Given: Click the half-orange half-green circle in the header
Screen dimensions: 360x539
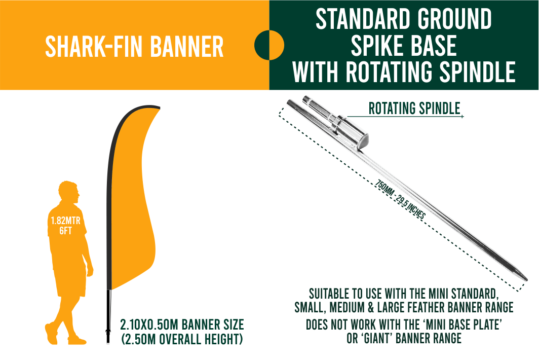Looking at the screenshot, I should [x=269, y=45].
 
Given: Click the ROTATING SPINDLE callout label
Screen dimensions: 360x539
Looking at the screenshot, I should [x=414, y=108].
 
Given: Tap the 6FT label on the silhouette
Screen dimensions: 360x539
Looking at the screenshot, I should [x=65, y=231].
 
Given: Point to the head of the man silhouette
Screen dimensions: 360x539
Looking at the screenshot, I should [x=69, y=191].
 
